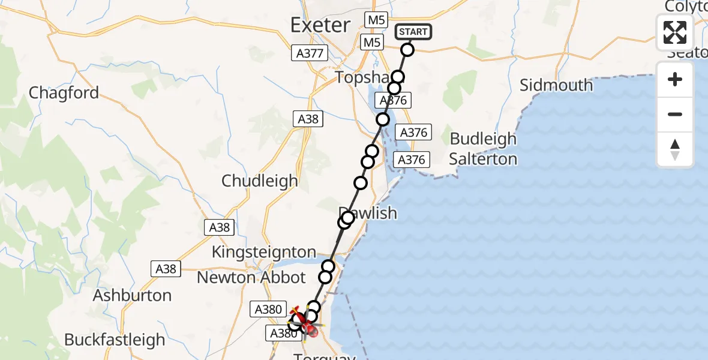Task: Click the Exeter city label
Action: tap(320, 25)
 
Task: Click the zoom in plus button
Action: tap(675, 79)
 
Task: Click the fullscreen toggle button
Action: tap(675, 32)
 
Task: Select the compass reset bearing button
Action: tap(675, 149)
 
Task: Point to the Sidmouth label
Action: tap(556, 85)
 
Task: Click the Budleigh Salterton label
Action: tap(483, 149)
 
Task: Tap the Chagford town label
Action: tap(64, 93)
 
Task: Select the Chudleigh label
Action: tap(259, 181)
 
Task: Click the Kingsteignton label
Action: tap(263, 252)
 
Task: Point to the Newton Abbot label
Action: tap(251, 278)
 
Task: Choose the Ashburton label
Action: tap(132, 295)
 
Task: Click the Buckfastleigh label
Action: tap(114, 340)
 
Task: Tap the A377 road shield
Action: tap(310, 53)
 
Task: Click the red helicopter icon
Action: tap(303, 319)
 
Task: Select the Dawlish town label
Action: tap(368, 212)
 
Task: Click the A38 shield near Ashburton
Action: tap(166, 269)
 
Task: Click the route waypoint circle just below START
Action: tap(407, 50)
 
